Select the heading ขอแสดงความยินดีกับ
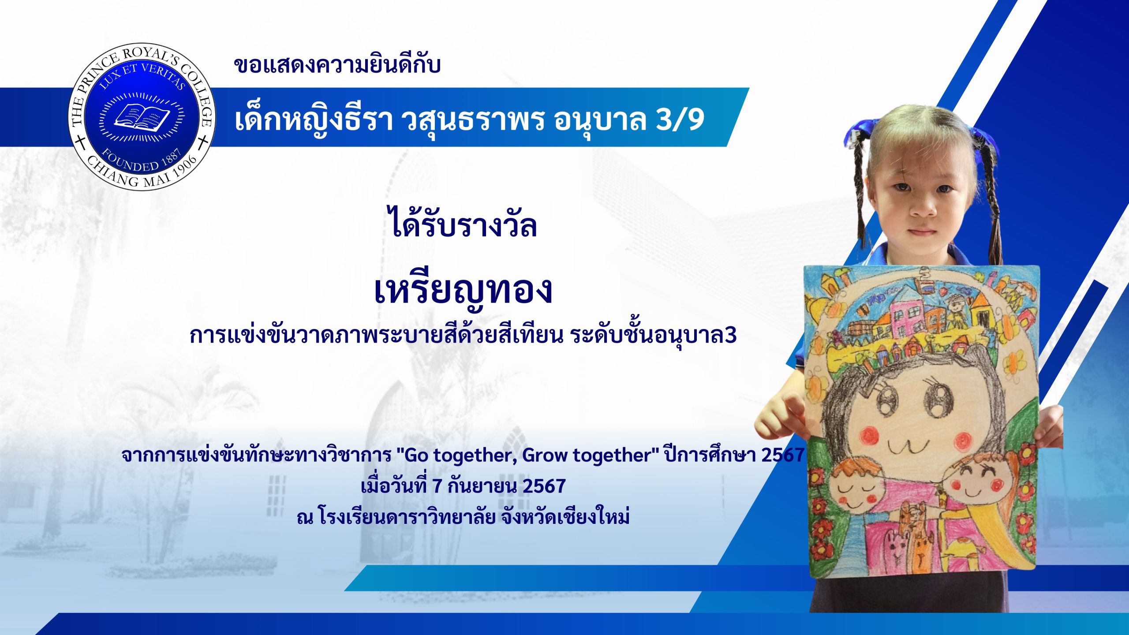(x=337, y=65)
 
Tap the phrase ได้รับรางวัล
(x=463, y=223)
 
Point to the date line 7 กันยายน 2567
(x=499, y=486)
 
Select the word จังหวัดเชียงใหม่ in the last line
(x=565, y=516)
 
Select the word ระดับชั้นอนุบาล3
(x=653, y=336)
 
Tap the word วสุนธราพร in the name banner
(x=472, y=120)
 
